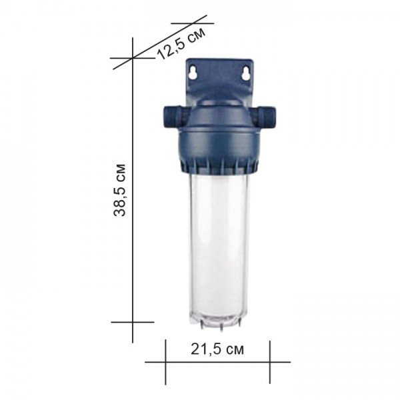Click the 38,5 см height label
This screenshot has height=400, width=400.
point(120,190)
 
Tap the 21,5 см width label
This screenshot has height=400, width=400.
point(217,349)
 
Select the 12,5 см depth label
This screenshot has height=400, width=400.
point(181,43)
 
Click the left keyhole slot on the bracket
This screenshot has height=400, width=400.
point(193,72)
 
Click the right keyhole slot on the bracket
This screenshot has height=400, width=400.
point(246,73)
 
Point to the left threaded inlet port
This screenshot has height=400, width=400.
point(172,116)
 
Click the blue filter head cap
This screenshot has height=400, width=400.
point(218,133)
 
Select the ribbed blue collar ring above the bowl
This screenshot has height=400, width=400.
point(219,166)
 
